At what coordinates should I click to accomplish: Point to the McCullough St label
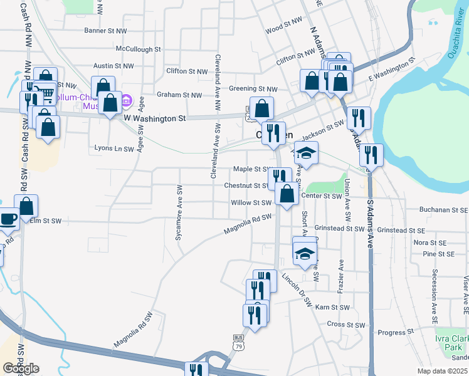[138, 48]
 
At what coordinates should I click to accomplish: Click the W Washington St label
[155, 117]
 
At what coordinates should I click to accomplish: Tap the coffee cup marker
[9, 219]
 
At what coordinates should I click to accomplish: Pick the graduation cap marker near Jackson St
[307, 152]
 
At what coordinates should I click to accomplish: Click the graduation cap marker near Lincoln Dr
[304, 253]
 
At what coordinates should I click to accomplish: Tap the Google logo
[21, 368]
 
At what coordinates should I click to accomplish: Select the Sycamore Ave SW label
[179, 212]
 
